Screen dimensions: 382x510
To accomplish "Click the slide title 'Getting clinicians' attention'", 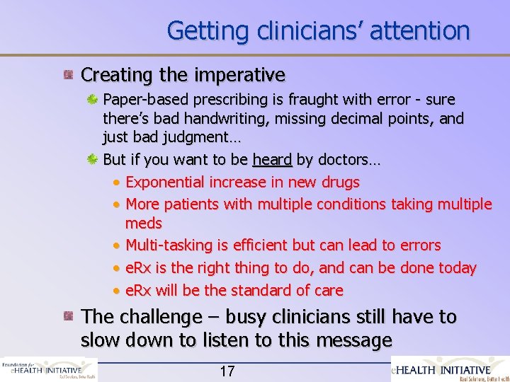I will pos(318,30).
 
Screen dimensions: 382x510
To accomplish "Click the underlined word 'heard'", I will pos(272,160).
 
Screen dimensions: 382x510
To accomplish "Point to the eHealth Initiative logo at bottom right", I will pos(451,370).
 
